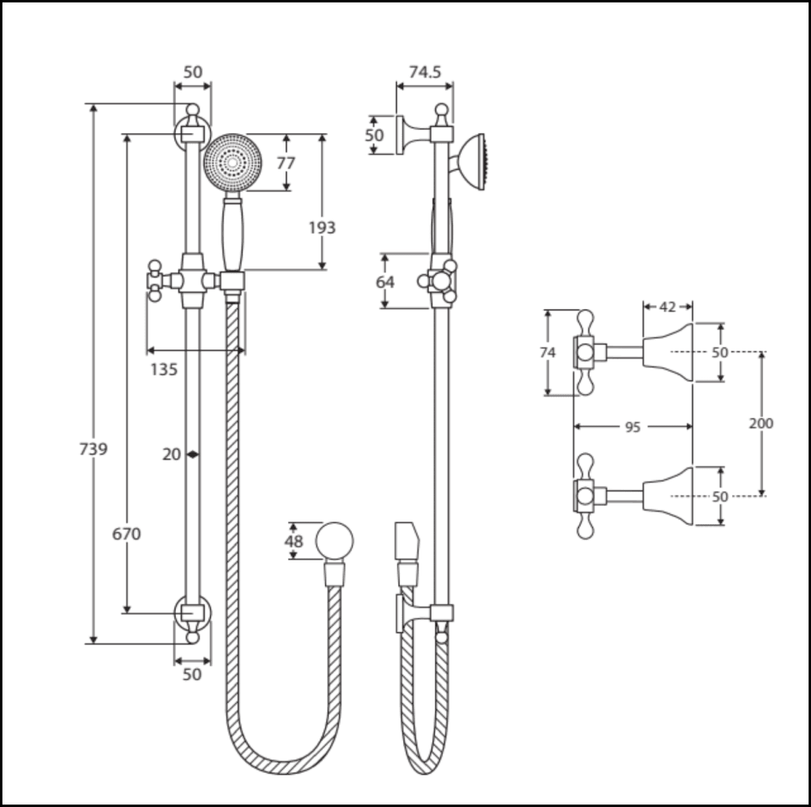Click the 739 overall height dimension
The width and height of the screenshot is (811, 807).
(x=93, y=449)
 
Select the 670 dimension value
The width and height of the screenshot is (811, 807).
(x=127, y=534)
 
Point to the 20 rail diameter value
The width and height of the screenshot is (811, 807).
(x=171, y=454)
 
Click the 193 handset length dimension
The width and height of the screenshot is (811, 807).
(x=322, y=228)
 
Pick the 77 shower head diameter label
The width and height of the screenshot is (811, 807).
(x=286, y=163)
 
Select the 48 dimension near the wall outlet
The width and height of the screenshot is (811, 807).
(x=293, y=541)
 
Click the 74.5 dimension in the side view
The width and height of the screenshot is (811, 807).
(x=425, y=72)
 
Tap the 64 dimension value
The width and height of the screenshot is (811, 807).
(x=385, y=281)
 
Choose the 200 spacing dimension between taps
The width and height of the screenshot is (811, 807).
(x=761, y=423)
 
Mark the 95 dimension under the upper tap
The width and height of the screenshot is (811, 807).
(x=633, y=427)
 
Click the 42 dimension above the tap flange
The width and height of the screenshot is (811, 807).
(x=667, y=307)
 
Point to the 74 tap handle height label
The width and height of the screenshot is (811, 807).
(x=548, y=353)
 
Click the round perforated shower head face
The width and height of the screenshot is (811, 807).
(x=234, y=164)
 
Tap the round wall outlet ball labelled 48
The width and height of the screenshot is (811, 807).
(x=334, y=542)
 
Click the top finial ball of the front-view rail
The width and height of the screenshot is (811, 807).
(x=192, y=110)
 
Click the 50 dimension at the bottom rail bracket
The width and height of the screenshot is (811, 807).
(x=192, y=674)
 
